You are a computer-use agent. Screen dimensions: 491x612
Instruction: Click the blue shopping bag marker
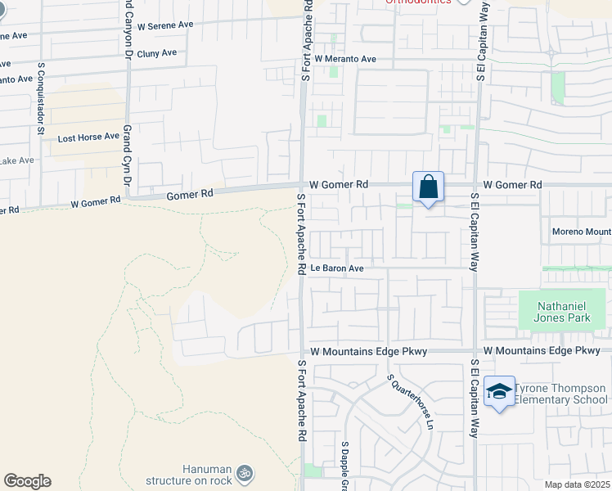click(x=428, y=187)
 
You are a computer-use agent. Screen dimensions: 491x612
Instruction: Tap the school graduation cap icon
click(x=498, y=391)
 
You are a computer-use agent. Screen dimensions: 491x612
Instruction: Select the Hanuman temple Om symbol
click(x=243, y=472)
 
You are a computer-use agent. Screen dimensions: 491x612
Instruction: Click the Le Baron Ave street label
click(x=336, y=268)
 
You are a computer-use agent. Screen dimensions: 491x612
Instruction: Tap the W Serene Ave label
click(x=165, y=25)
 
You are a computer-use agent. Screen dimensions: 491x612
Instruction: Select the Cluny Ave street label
click(x=157, y=53)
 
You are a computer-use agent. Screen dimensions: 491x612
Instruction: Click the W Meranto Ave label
click(x=344, y=59)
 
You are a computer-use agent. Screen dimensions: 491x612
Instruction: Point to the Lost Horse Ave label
click(x=88, y=137)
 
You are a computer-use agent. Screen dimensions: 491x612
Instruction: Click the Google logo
click(x=27, y=481)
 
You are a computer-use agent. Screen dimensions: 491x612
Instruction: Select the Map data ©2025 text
click(x=577, y=484)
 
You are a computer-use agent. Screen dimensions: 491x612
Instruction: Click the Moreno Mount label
click(x=581, y=232)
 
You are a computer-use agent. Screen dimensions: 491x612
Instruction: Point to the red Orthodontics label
click(x=418, y=2)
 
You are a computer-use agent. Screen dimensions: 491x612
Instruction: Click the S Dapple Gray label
click(x=345, y=466)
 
